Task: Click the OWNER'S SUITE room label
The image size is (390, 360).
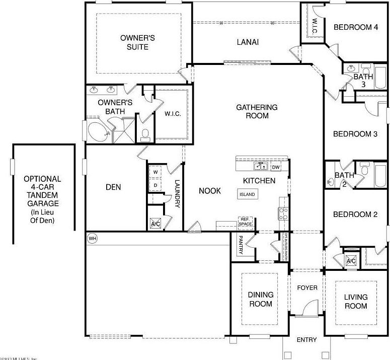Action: [x=134, y=42]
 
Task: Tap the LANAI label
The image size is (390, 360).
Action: [x=248, y=42]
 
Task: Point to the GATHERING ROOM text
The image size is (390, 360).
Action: [x=257, y=111]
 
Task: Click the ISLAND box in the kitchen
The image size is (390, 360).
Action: [x=247, y=194]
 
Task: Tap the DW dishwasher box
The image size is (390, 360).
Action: [x=276, y=167]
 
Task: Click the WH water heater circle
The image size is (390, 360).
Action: [x=92, y=238]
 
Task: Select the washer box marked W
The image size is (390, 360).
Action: [x=155, y=172]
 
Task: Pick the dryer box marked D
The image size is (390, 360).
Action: [x=155, y=185]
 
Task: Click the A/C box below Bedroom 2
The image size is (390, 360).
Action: [x=351, y=261]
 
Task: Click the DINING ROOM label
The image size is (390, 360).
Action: [x=260, y=299]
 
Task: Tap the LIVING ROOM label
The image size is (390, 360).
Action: [x=355, y=302]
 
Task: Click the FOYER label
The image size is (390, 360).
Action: [x=307, y=287]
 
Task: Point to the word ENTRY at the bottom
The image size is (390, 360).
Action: [x=306, y=340]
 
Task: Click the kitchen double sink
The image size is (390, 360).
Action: [x=261, y=166]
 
